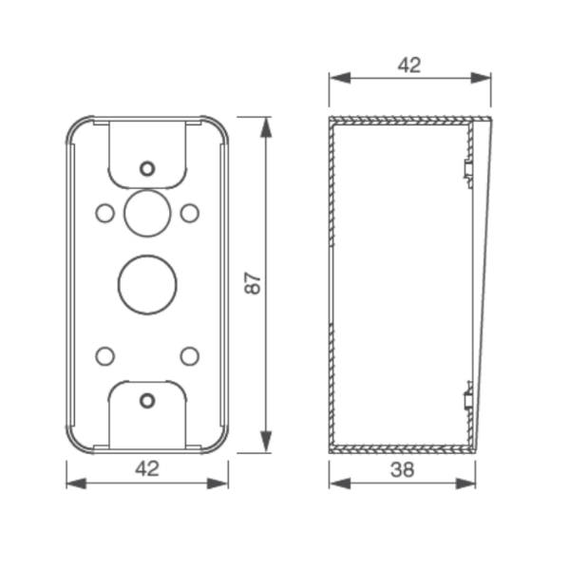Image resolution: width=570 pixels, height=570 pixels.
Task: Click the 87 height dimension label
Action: point(253,284)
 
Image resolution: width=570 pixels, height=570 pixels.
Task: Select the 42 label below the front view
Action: point(147,467)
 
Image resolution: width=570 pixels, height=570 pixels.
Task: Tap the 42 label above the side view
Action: point(409,65)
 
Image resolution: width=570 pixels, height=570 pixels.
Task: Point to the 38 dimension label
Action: point(403,468)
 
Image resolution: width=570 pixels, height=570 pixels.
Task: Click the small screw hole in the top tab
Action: point(146,168)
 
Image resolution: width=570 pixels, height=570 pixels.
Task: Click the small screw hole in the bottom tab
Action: point(146,400)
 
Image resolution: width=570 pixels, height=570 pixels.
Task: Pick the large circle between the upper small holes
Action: point(146,210)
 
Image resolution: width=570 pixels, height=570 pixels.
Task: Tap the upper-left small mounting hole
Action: point(104,212)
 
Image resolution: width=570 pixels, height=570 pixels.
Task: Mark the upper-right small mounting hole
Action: point(189,212)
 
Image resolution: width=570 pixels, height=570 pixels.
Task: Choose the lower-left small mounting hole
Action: point(104,356)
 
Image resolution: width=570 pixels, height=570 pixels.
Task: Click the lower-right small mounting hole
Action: point(189,356)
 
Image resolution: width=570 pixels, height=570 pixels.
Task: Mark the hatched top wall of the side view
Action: point(404,120)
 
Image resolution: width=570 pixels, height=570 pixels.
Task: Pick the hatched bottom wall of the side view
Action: point(399,448)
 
